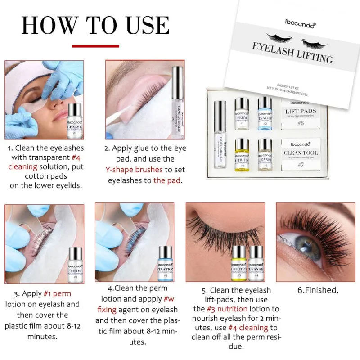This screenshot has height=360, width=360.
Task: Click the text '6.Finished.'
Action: [318, 290]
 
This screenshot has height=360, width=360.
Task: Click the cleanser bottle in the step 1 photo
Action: [73, 119]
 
